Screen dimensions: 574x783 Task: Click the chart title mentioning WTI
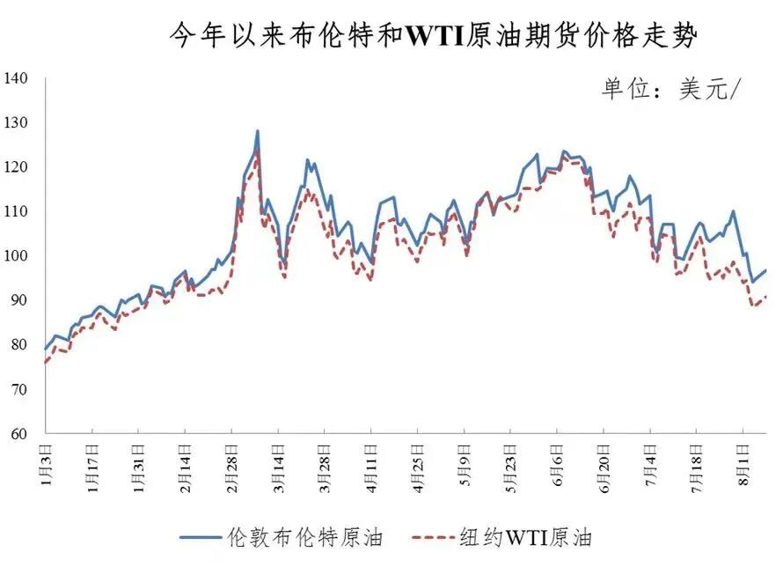(433, 37)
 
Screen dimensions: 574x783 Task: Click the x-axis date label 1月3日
(47, 462)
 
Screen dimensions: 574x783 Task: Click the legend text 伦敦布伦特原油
(304, 537)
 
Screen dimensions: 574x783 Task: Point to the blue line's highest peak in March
(257, 131)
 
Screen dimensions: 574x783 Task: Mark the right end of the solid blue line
(765, 270)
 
